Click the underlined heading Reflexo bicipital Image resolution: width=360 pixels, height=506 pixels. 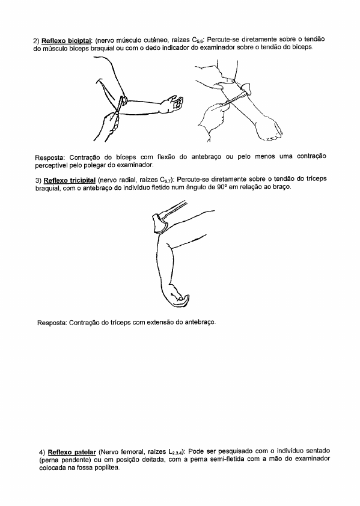(67, 41)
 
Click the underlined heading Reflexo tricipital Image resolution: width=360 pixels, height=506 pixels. (70, 180)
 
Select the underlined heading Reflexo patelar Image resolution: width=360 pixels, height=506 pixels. (72, 452)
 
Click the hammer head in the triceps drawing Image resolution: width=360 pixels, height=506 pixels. (160, 223)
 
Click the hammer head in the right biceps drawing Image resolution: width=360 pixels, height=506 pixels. (245, 88)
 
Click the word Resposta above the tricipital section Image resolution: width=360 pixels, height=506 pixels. (50, 158)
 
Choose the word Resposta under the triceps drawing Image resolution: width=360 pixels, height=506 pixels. (52, 323)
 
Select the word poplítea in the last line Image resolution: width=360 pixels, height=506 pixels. (108, 468)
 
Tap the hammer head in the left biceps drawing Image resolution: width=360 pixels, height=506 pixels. (122, 101)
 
